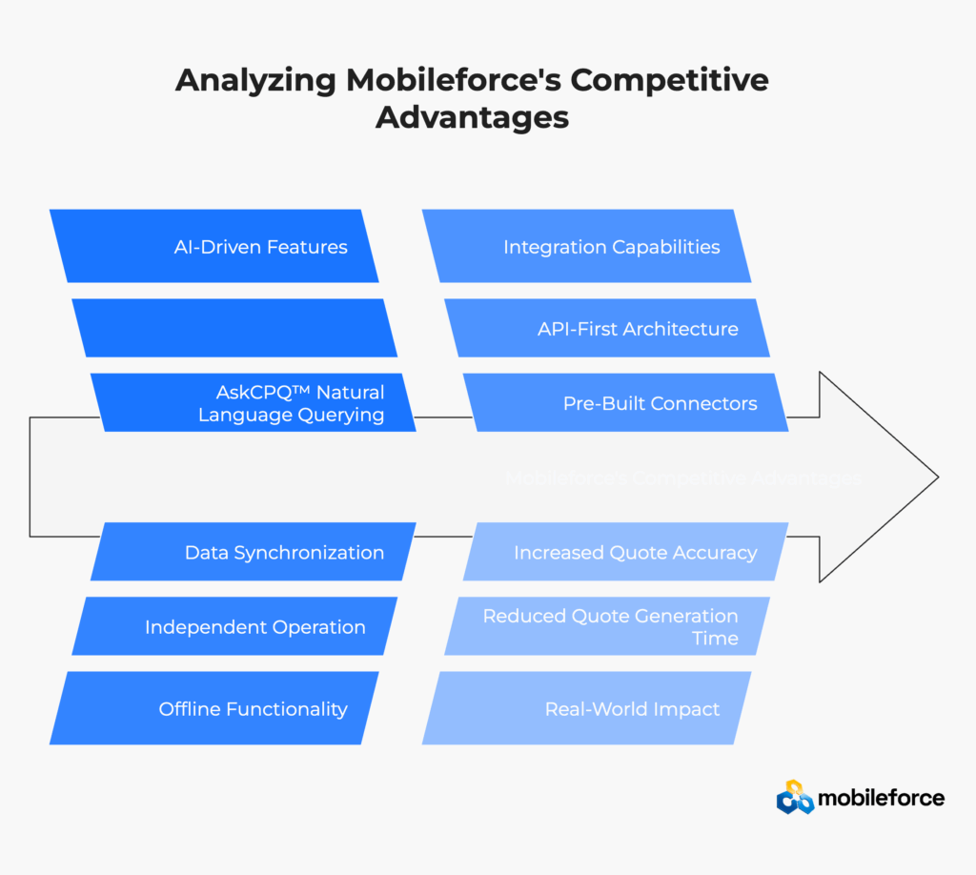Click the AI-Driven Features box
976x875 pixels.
214,247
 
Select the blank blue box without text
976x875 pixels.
234,328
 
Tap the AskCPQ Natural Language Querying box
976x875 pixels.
254,403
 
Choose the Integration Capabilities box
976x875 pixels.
586,247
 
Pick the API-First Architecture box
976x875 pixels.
606,329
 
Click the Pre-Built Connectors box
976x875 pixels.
625,403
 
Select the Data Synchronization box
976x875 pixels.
254,552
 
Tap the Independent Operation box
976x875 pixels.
234,627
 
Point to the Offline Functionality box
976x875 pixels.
214,708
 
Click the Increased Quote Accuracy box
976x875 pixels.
625,552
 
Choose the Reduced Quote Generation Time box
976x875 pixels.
606,627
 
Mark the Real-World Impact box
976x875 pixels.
586,708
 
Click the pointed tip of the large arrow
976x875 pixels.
936,477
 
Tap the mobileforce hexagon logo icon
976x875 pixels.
795,797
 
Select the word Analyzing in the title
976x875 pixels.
255,81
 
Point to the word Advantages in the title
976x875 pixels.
472,117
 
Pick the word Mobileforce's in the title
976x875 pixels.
457,81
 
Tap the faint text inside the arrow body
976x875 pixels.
682,478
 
